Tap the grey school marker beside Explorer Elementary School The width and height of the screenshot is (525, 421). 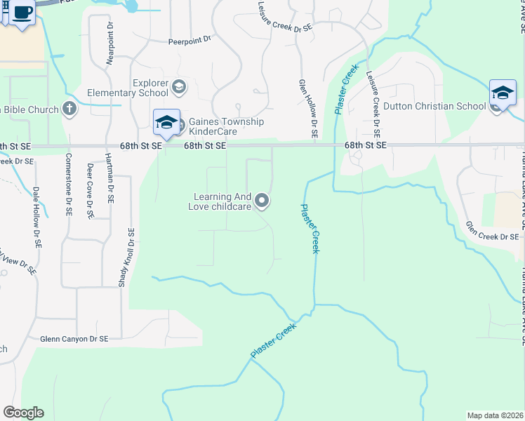coord(178,87)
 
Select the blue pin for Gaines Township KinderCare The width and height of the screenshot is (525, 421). coord(166,122)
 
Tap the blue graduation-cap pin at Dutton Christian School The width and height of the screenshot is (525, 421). coord(503,93)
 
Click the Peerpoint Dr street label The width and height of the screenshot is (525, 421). coord(190,41)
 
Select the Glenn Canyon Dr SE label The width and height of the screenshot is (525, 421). coord(74,338)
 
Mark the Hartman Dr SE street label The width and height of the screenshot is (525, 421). coord(110,179)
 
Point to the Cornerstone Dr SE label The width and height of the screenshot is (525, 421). coord(69,185)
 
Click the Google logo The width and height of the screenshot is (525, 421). coord(23,413)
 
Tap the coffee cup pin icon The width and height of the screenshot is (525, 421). coord(22,13)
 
